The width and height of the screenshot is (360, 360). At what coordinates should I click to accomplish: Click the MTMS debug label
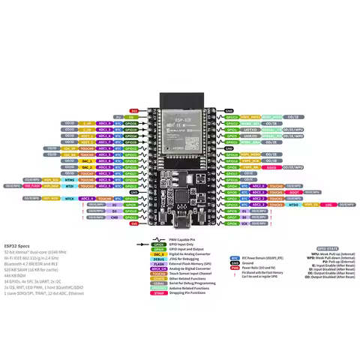(69, 180)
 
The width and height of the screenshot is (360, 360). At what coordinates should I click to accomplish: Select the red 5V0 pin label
(134, 223)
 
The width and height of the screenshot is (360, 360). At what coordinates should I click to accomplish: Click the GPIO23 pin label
(232, 117)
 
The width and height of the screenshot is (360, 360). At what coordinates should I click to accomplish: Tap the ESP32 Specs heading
(17, 245)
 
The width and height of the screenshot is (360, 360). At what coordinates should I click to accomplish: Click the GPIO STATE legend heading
(325, 247)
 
